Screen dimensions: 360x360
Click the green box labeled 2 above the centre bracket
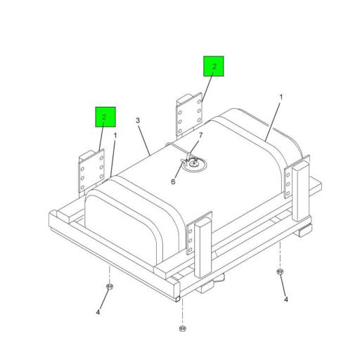pyautogui.click(x=213, y=66)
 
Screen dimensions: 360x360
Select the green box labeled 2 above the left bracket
pyautogui.click(x=105, y=117)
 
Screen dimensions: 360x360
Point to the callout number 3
pyautogui.click(x=138, y=120)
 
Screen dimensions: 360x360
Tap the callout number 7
pyautogui.click(x=200, y=136)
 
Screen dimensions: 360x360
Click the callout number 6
pyautogui.click(x=173, y=181)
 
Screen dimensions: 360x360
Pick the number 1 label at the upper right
pyautogui.click(x=281, y=97)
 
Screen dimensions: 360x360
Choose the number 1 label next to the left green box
pyautogui.click(x=115, y=136)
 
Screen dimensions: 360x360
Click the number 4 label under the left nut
pyautogui.click(x=98, y=312)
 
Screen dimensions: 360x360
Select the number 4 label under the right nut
pyautogui.click(x=286, y=300)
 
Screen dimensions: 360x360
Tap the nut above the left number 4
pyautogui.click(x=110, y=286)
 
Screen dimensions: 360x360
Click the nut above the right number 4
pyautogui.click(x=280, y=272)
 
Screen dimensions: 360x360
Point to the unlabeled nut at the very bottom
pyautogui.click(x=182, y=328)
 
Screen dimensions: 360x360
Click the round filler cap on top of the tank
pyautogui.click(x=194, y=165)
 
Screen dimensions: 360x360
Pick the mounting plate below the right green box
pyautogui.click(x=189, y=115)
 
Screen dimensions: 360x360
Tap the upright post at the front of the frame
pyautogui.click(x=203, y=247)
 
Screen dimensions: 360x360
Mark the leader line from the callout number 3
pyautogui.click(x=145, y=140)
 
